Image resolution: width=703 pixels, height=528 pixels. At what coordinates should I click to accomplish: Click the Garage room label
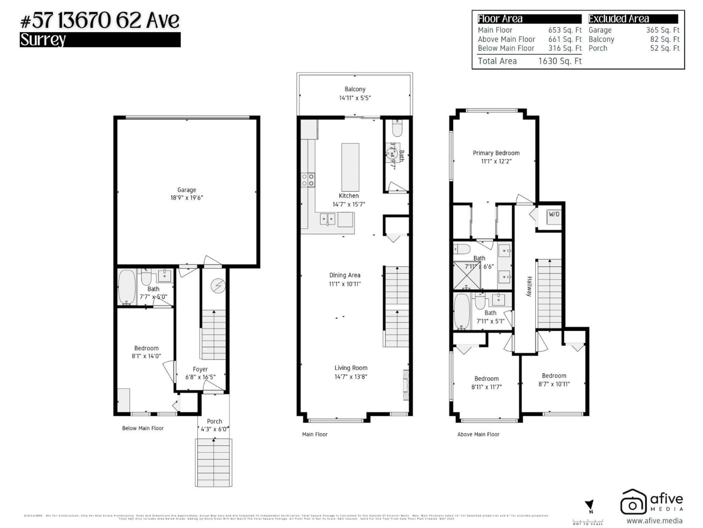coord(187,190)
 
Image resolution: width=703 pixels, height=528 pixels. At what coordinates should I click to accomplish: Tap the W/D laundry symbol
coord(554,214)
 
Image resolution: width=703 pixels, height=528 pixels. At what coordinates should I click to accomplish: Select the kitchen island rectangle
coord(350,167)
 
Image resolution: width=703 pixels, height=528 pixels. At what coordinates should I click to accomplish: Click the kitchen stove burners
coord(308,180)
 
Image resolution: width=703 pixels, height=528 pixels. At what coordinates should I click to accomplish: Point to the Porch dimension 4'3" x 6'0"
coord(214,429)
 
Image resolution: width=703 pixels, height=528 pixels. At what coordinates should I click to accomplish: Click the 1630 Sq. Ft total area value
coord(560,61)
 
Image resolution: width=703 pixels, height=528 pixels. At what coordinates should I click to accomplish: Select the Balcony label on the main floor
coord(355,89)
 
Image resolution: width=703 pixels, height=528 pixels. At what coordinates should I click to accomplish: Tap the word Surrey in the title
coord(43,40)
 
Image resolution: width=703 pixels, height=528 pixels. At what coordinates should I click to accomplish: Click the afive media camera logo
coord(633,502)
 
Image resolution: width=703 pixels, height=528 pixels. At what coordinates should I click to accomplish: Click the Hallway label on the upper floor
coord(529,286)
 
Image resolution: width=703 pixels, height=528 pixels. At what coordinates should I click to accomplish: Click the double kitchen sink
coord(327,219)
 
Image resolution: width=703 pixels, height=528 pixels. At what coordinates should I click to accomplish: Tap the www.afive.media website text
coord(654,521)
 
